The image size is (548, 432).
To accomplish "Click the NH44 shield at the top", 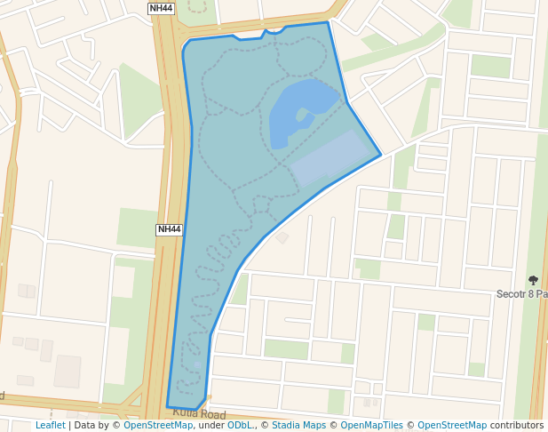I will pyautogui.click(x=161, y=8).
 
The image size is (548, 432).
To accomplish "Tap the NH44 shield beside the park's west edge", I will pyautogui.click(x=169, y=229).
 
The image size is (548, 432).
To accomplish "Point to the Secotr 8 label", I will pyautogui.click(x=521, y=293).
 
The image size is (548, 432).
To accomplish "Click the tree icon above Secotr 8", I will pyautogui.click(x=533, y=280).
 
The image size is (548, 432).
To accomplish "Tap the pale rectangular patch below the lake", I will pyautogui.click(x=328, y=157).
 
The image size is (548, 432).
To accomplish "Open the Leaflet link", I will pyautogui.click(x=50, y=426).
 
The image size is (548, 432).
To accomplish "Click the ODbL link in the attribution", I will pyautogui.click(x=240, y=426).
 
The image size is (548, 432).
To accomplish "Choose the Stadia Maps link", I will pyautogui.click(x=298, y=426).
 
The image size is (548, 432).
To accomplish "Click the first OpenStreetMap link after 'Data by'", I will pyautogui.click(x=158, y=426).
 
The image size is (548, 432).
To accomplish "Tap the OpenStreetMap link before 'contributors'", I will pyautogui.click(x=452, y=426).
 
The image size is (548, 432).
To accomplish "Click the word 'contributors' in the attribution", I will pyautogui.click(x=517, y=426).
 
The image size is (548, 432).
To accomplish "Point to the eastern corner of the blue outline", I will pyautogui.click(x=381, y=155).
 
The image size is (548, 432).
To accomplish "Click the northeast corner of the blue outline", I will pyautogui.click(x=328, y=22).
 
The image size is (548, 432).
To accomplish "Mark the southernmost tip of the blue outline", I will pyautogui.click(x=196, y=410).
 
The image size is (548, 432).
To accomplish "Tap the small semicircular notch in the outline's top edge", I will pyautogui.click(x=275, y=31).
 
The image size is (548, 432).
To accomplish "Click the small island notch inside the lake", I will pyautogui.click(x=305, y=115).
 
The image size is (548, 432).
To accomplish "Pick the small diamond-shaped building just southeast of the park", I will pyautogui.click(x=282, y=237).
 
